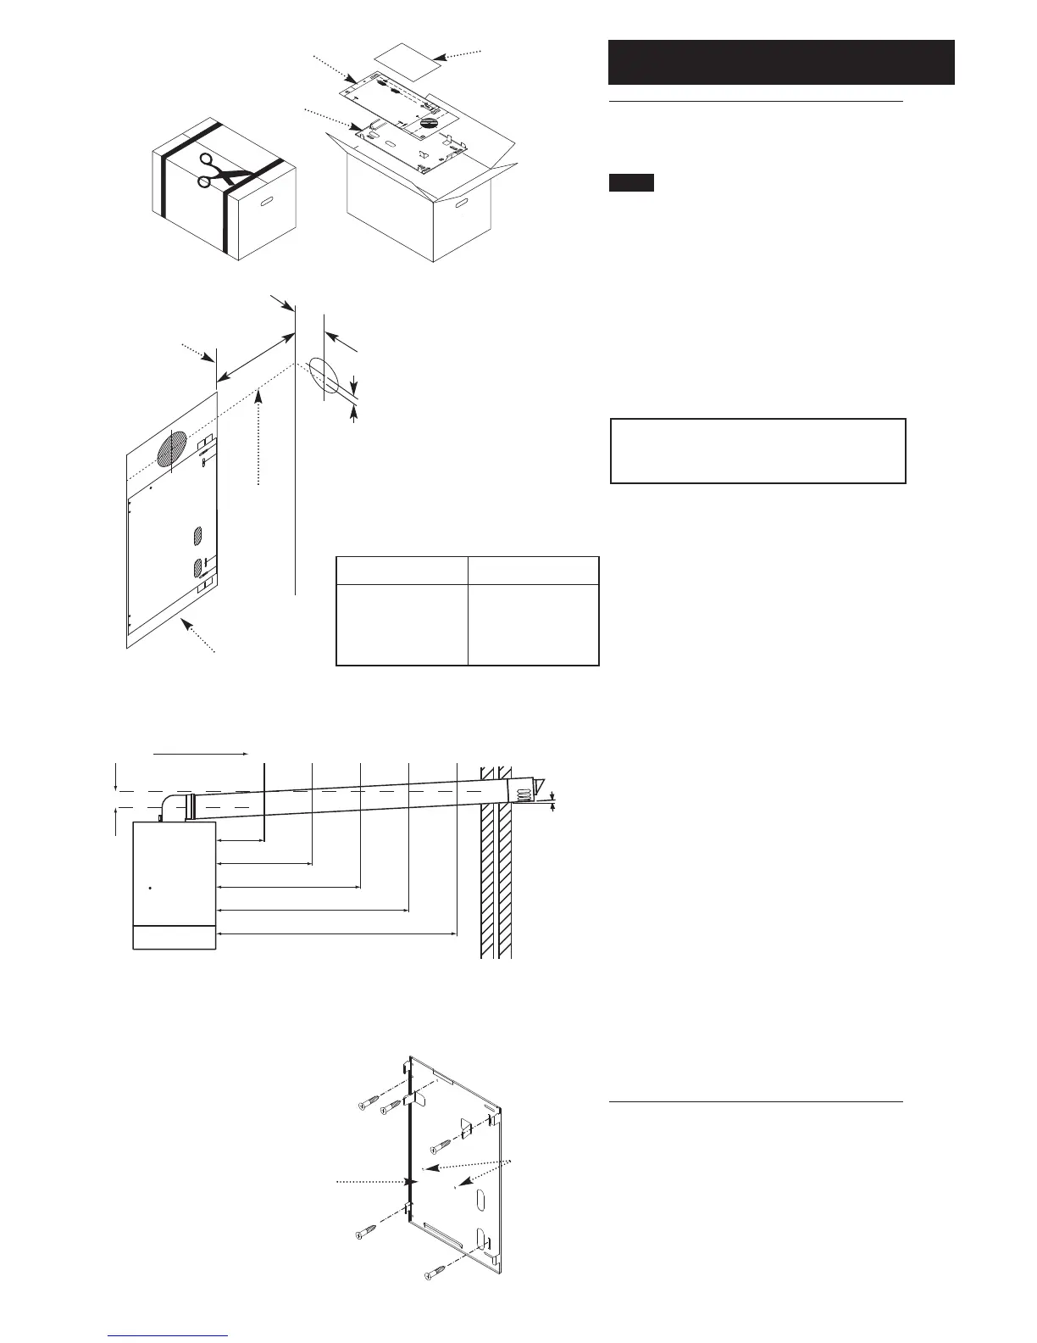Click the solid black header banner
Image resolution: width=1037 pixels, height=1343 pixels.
coord(781,62)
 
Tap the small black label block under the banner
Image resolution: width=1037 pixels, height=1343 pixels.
coord(631,182)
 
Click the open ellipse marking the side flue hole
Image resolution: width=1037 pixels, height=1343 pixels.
coord(323,378)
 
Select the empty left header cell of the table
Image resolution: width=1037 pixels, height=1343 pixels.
coord(402,570)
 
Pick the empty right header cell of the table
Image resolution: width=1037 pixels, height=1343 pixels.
coord(534,570)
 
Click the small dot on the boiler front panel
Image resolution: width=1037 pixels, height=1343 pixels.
coord(150,889)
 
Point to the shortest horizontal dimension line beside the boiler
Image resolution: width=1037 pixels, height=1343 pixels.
coord(241,841)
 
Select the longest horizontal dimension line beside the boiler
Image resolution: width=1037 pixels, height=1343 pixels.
coord(337,934)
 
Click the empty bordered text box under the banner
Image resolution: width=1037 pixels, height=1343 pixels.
coord(758,450)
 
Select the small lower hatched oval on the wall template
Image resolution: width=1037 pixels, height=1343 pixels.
coord(199,566)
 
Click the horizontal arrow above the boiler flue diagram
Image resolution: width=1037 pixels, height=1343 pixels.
coord(200,752)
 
